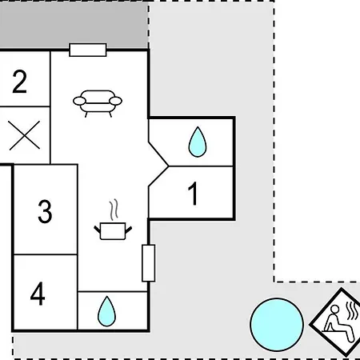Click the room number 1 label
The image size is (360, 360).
tap(193, 194)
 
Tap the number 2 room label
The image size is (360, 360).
tap(19, 82)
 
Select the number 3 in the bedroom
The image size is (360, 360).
tap(45, 211)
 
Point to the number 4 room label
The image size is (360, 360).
tap(38, 294)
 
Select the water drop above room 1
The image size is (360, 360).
tap(198, 142)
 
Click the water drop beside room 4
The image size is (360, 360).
tap(106, 311)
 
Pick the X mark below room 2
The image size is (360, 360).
tap(24, 135)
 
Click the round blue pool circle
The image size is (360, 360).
tap(277, 324)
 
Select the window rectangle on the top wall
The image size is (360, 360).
tap(88, 50)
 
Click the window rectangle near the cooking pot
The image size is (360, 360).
tap(148, 263)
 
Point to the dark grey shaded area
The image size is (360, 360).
tap(74, 25)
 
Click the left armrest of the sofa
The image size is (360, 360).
tap(79, 101)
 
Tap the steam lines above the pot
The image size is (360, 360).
tap(114, 210)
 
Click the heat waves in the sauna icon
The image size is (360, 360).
tap(352, 311)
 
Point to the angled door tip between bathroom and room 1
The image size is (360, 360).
tap(168, 166)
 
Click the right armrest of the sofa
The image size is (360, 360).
tap(116, 101)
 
